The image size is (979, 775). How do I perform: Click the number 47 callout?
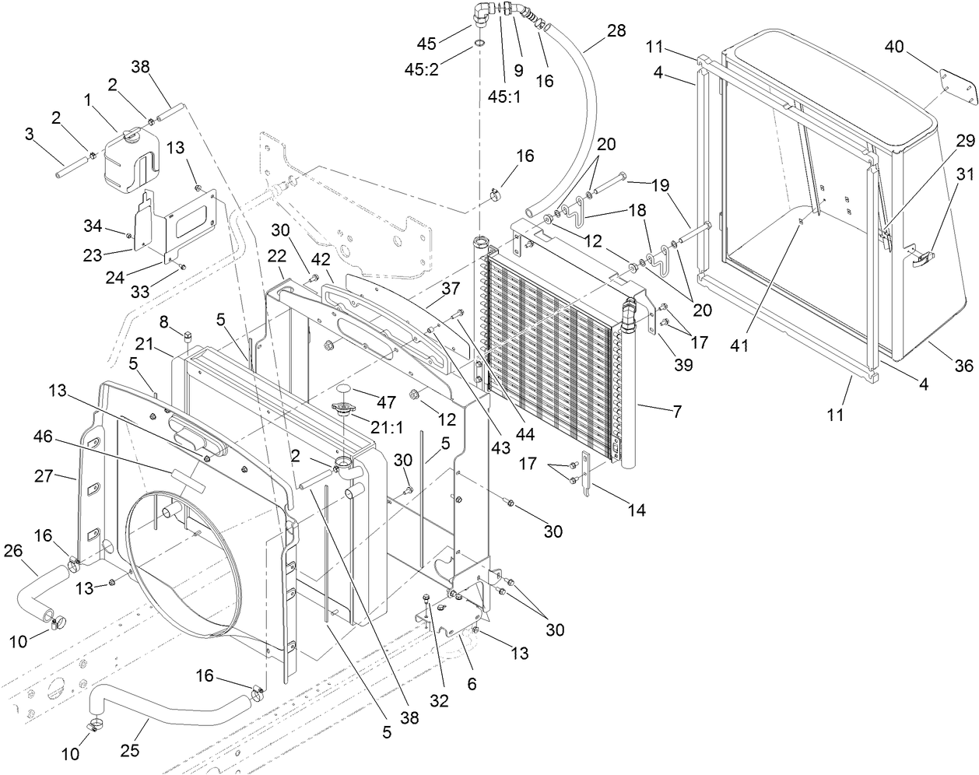click(387, 402)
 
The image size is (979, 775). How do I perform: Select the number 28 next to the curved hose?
click(616, 31)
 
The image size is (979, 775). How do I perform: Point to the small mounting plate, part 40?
click(957, 88)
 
